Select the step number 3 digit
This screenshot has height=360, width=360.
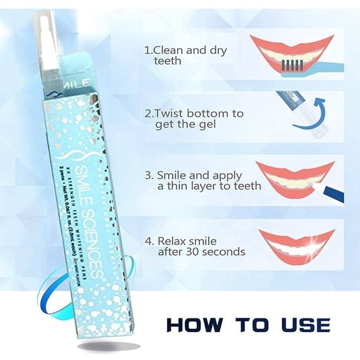(x=147, y=174)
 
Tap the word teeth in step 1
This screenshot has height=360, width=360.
(x=167, y=61)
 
